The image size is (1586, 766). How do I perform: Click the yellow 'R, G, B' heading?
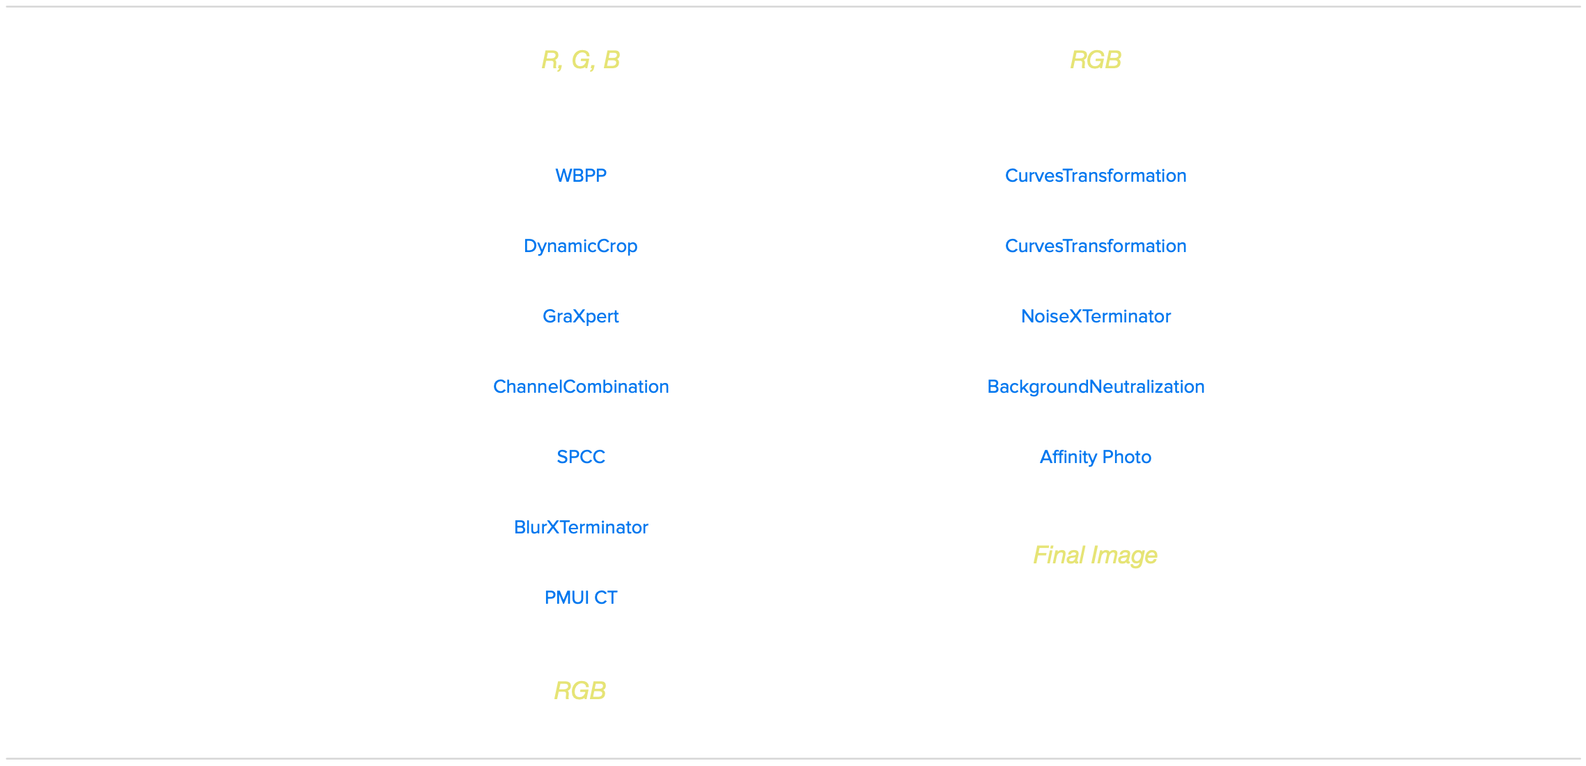coord(580,60)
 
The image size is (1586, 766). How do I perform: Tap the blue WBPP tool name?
coord(580,175)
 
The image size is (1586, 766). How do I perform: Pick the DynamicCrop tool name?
coord(580,246)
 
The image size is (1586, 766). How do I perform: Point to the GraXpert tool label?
coord(580,316)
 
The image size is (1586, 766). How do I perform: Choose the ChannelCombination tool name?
coord(580,386)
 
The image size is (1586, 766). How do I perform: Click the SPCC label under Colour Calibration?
coord(580,457)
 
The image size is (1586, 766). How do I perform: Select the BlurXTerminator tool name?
coord(580,527)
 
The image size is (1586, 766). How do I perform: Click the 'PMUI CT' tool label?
coord(580,597)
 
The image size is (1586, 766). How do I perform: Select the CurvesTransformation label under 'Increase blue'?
coord(1096,246)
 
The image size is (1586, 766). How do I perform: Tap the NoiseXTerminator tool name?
coord(1096,316)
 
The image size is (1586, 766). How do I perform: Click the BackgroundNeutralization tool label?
coord(1096,386)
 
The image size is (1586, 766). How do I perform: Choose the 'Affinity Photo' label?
coord(1096,457)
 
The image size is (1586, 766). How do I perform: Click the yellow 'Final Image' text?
coord(1095,555)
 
